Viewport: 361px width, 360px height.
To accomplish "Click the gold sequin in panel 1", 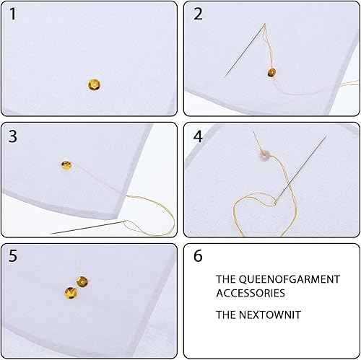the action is (x=94, y=84).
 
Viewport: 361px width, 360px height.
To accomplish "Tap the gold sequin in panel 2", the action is (x=271, y=72).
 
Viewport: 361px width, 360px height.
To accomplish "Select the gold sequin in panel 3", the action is (x=66, y=165).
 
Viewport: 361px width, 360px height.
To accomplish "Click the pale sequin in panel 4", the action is (x=264, y=154).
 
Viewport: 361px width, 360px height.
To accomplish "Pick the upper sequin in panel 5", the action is (x=82, y=281).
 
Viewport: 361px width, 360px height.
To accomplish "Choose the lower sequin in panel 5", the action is (x=71, y=293).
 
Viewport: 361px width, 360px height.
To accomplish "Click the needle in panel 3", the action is (x=88, y=227).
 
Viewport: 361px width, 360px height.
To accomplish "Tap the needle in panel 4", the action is (x=301, y=170).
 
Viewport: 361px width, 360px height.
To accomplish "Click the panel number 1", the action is (x=13, y=14).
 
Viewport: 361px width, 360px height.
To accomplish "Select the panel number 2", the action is (x=198, y=14).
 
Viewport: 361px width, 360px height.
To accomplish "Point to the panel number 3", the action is (x=13, y=136).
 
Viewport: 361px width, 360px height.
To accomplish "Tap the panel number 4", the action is (x=198, y=136).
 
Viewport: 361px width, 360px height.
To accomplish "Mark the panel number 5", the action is (x=13, y=255).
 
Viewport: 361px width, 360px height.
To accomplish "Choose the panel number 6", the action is (x=198, y=255).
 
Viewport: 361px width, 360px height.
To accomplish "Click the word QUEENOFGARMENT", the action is (x=290, y=279).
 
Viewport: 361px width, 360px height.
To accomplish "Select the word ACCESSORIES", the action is (x=251, y=293).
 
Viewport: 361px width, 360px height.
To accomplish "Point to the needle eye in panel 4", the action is (x=276, y=203).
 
